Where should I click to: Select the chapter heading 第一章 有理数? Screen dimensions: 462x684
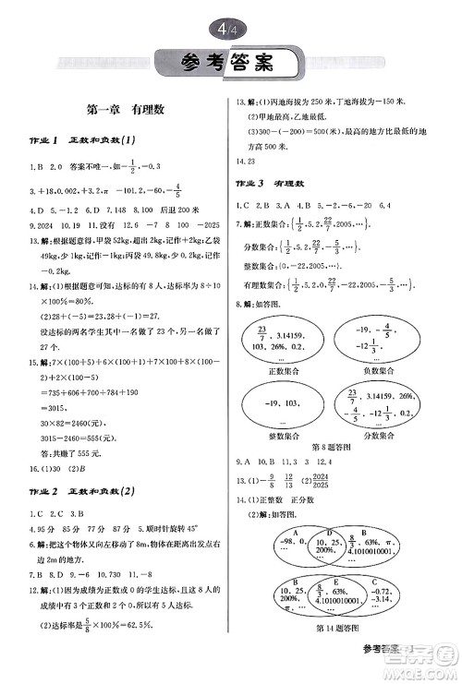pos(125,109)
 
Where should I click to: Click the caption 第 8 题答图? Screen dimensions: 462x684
pos(330,449)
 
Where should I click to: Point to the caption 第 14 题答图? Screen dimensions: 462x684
pos(331,630)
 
